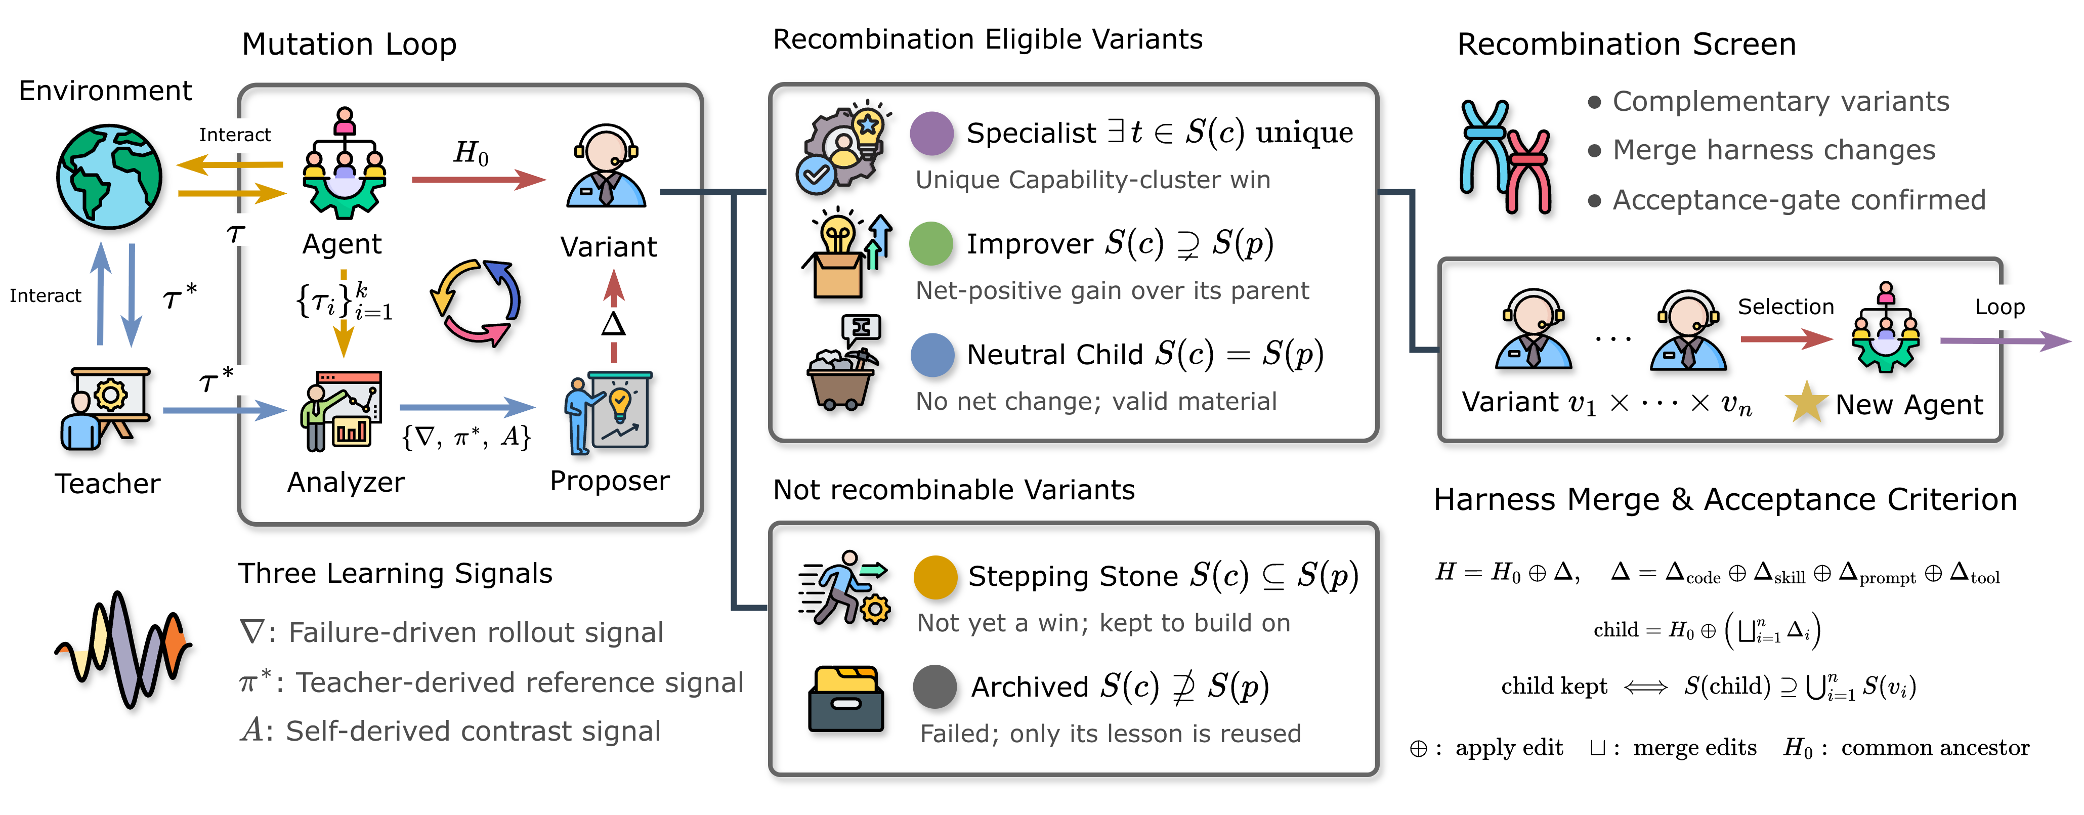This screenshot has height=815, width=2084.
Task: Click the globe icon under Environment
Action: (109, 176)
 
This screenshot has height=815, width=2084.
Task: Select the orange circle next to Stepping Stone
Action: (936, 577)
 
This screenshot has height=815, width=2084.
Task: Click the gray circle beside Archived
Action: (936, 687)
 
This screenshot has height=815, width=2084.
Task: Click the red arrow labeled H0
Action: (479, 180)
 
